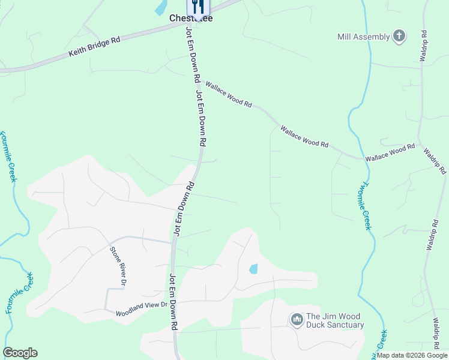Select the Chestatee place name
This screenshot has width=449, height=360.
191,19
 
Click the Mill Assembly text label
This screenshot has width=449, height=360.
363,37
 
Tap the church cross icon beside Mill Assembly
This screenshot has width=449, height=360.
399,37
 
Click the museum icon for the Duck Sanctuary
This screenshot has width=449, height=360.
296,320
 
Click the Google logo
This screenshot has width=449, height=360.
20,353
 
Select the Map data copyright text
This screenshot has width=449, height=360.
412,355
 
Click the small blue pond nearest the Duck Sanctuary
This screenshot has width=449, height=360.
253,269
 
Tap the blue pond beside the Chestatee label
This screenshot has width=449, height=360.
160,7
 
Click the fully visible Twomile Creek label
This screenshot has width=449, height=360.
366,206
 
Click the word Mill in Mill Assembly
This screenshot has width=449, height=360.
345,37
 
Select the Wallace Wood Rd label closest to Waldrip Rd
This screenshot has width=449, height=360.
390,151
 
